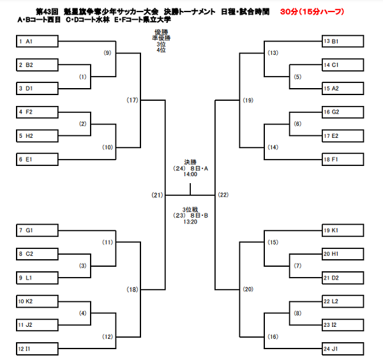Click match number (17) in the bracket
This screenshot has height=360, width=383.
point(132,100)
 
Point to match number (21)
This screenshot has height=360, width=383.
point(157,194)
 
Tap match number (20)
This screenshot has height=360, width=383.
point(248,289)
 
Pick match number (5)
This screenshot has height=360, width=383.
point(297,77)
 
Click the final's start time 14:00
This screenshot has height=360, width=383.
point(190,174)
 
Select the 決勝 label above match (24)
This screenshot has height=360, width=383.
point(190,162)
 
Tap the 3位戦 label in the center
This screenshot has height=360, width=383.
point(190,208)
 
